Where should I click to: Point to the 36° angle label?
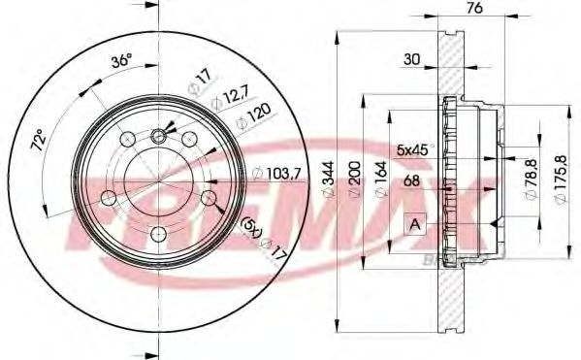(120, 60)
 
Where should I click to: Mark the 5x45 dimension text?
(411, 148)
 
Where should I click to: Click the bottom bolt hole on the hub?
(157, 233)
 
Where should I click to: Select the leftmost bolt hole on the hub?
(108, 198)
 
